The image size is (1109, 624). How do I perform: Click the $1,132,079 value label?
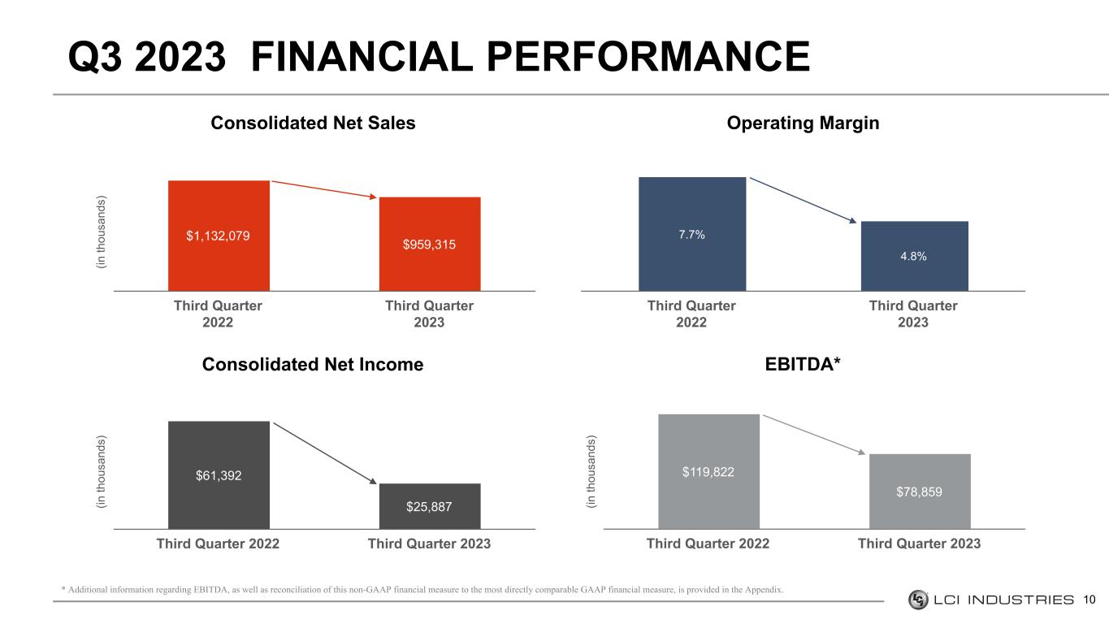click(x=218, y=236)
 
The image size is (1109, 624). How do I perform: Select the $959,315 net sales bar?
click(x=430, y=244)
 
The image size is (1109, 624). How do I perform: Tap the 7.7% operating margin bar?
click(x=692, y=234)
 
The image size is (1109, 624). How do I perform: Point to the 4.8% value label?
click(x=913, y=256)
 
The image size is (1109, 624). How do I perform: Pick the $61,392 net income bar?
click(x=219, y=475)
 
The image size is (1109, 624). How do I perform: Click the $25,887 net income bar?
click(x=430, y=506)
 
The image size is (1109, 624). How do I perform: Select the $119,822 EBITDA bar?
click(x=709, y=471)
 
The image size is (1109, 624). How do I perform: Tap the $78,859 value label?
click(x=919, y=492)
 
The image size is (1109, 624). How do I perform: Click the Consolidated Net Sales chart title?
click(x=313, y=123)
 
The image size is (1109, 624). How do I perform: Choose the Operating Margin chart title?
click(x=803, y=123)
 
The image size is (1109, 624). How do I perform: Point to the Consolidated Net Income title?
click(x=313, y=365)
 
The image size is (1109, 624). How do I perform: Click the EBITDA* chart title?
click(x=803, y=364)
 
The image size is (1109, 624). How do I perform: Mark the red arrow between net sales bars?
click(x=324, y=189)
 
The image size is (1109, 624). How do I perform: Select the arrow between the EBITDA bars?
click(x=814, y=435)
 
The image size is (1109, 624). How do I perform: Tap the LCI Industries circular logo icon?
click(x=918, y=600)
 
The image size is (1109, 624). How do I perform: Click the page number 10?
click(x=1090, y=600)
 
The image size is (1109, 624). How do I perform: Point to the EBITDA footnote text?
click(x=422, y=589)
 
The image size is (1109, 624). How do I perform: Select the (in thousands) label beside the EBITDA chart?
click(x=591, y=471)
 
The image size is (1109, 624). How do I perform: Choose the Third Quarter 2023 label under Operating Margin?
click(x=913, y=314)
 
